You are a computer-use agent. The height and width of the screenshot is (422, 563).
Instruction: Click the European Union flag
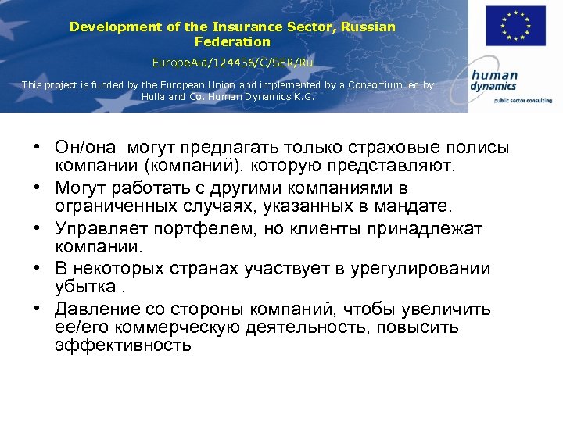point(515,26)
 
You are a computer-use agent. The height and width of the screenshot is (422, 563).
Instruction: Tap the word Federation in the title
point(232,41)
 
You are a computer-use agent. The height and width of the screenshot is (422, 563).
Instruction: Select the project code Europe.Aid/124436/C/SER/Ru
point(232,61)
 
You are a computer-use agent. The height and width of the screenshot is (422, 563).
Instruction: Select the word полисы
point(479,147)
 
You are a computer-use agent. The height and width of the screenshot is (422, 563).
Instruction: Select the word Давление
point(95,309)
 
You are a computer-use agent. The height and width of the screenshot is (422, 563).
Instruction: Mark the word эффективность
point(123,345)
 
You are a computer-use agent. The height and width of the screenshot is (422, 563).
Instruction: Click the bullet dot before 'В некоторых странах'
point(38,269)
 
